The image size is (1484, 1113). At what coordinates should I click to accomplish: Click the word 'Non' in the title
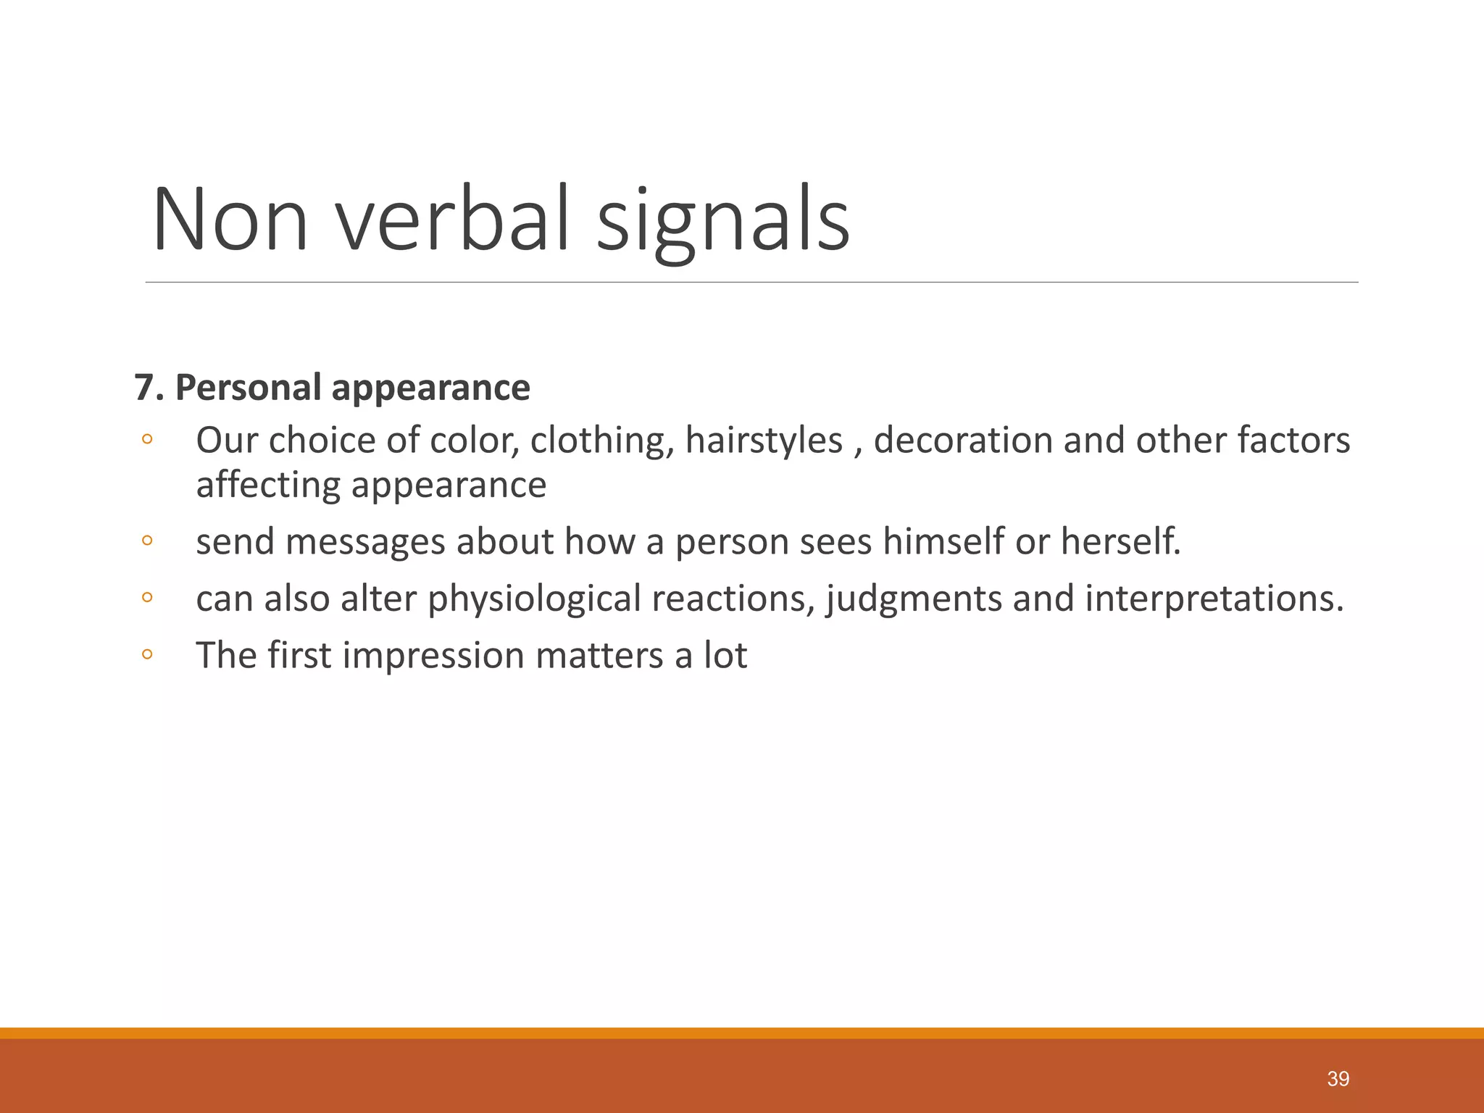click(230, 220)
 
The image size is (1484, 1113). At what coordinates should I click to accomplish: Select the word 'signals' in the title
click(722, 220)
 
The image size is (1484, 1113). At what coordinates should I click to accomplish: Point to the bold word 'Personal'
click(248, 388)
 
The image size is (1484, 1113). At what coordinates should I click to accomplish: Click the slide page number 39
click(1338, 1079)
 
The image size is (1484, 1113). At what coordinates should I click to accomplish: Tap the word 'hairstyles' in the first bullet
click(764, 441)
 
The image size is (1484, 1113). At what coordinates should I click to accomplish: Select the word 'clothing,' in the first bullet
click(602, 441)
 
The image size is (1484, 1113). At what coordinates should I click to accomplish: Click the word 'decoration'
click(962, 441)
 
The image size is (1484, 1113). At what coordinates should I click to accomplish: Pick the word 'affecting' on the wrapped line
click(267, 485)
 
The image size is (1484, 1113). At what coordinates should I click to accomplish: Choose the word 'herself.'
click(1121, 542)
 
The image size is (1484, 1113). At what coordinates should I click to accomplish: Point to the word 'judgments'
click(913, 599)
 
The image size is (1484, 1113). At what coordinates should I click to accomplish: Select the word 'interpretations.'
click(1214, 599)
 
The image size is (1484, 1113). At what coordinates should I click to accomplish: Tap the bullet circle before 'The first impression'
click(147, 654)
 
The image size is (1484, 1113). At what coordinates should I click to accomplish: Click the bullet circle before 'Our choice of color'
click(147, 439)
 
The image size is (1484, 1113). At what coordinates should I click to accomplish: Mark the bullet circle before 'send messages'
click(147, 541)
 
